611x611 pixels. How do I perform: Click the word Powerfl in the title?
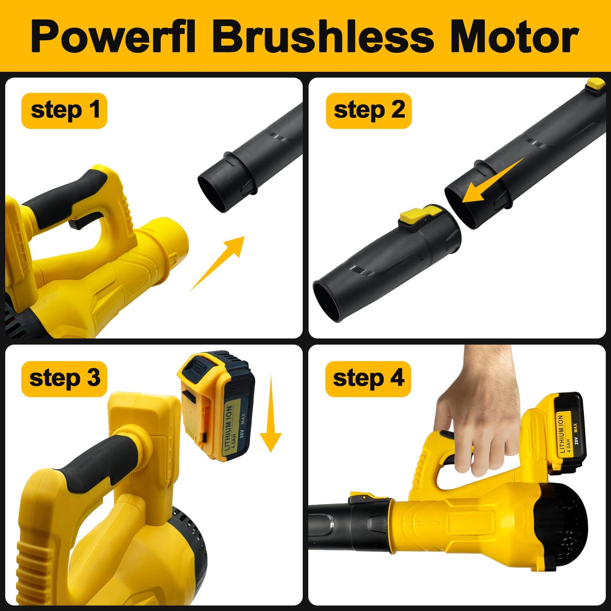(x=113, y=37)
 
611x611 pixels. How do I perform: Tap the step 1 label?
(x=64, y=111)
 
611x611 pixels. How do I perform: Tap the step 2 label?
(x=369, y=111)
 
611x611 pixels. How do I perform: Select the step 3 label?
(x=64, y=379)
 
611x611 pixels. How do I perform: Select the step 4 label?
(x=368, y=379)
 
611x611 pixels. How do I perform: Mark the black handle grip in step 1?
(x=68, y=199)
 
